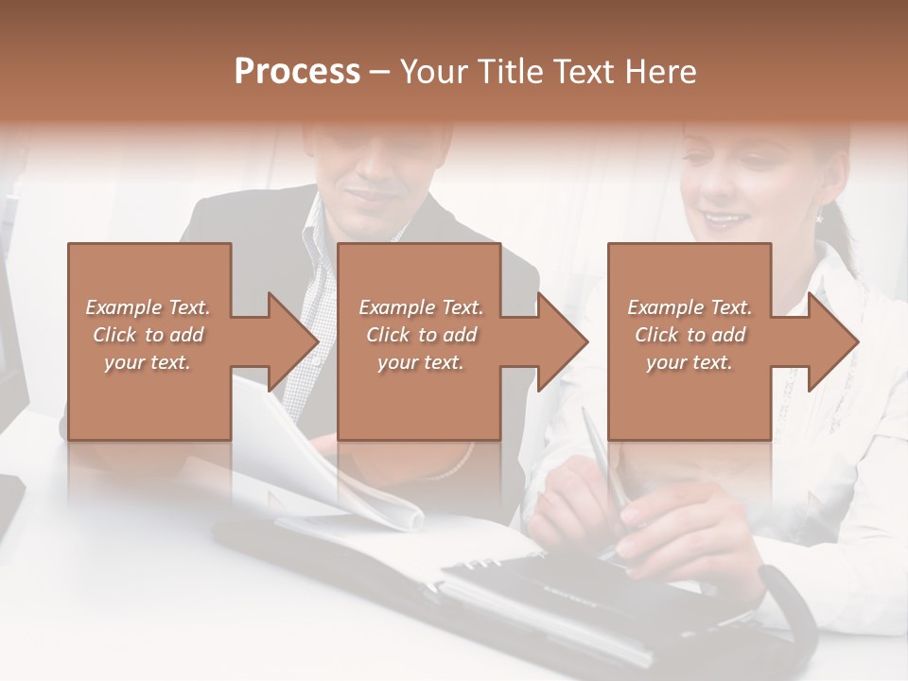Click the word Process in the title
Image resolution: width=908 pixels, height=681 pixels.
click(x=297, y=72)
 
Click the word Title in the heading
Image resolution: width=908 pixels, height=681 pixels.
click(x=509, y=72)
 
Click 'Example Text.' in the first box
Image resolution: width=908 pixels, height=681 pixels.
click(x=148, y=307)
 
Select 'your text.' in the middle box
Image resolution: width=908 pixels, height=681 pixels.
click(x=420, y=363)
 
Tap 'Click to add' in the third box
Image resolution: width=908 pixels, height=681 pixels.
click(x=690, y=335)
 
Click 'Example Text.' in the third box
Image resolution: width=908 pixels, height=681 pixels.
click(x=690, y=307)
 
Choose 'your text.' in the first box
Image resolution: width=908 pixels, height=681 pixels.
click(x=148, y=363)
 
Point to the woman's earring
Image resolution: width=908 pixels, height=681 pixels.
click(x=819, y=218)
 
